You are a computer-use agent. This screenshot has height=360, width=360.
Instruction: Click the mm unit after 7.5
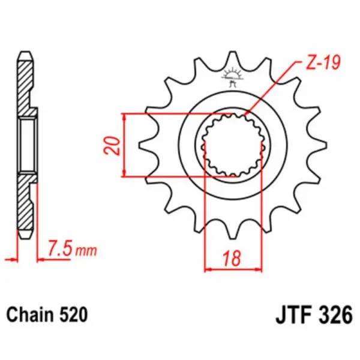point(85,250)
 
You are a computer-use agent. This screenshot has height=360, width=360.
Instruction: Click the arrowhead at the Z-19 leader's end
point(247,114)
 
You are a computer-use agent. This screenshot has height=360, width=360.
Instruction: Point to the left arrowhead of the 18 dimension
point(208,269)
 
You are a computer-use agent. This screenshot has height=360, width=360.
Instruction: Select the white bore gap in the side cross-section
point(27,145)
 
